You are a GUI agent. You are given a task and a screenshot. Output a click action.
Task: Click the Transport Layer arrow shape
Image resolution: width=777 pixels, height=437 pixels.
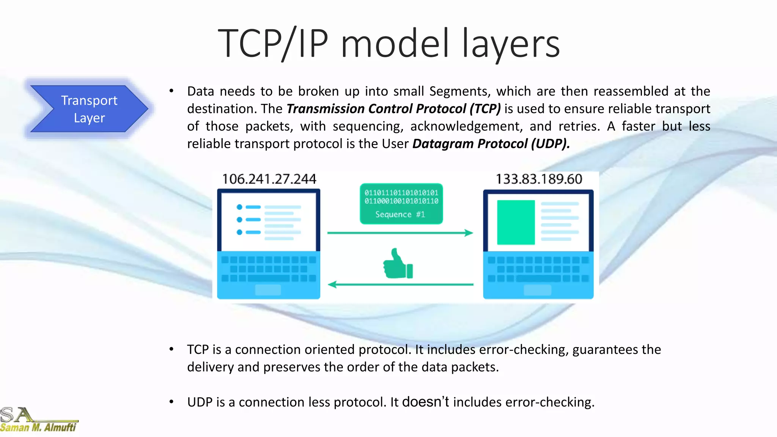tap(89, 109)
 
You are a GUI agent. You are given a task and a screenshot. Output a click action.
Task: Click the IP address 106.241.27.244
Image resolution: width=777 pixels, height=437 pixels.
tap(269, 179)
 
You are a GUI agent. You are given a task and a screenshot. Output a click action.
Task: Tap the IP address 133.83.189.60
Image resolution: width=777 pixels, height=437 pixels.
tap(539, 179)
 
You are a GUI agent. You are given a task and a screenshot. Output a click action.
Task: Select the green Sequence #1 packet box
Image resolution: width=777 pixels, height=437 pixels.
tap(401, 204)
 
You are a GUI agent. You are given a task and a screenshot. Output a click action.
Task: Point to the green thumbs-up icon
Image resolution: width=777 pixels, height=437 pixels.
tap(397, 264)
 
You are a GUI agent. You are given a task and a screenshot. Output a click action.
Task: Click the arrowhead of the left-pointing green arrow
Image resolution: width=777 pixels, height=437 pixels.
tap(332, 285)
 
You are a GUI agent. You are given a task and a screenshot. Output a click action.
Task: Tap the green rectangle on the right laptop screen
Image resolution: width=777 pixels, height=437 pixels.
tap(516, 222)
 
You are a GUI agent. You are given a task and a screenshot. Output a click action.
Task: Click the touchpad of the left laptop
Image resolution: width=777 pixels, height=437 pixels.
tap(268, 290)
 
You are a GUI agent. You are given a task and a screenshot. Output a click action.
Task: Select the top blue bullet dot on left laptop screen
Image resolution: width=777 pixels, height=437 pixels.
tap(239, 207)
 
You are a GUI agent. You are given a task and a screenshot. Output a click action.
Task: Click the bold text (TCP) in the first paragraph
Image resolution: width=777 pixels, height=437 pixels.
tap(485, 109)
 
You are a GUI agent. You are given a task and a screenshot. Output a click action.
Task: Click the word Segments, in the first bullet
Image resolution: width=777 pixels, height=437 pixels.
tap(460, 91)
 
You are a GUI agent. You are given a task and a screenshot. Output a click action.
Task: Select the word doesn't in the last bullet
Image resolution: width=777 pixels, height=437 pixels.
tap(425, 402)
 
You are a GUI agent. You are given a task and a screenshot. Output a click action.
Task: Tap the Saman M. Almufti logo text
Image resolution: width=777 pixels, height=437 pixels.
tap(38, 428)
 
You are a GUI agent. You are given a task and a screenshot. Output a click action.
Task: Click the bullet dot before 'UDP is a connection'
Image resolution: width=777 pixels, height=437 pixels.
tap(171, 402)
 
